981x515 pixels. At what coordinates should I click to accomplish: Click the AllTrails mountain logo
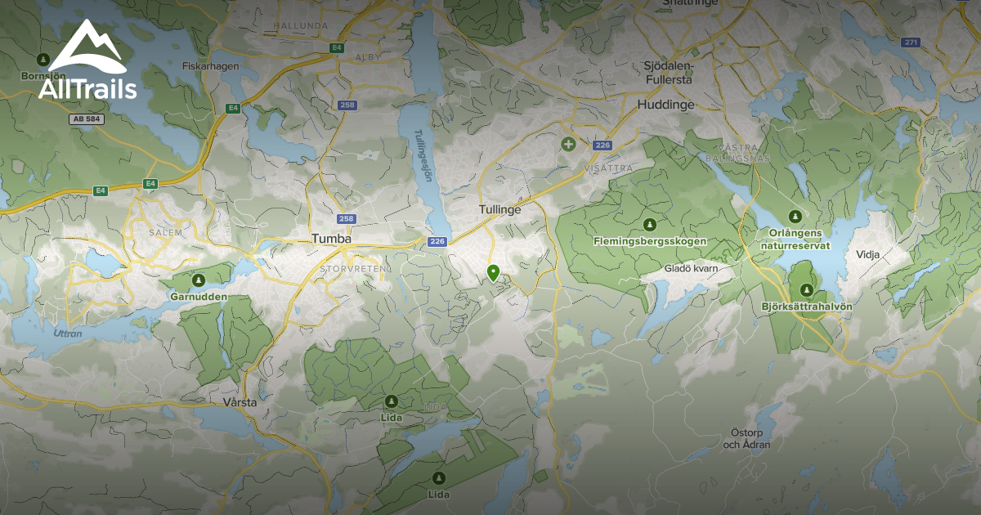point(86,47)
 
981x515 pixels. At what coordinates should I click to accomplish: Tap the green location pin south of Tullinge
point(493,272)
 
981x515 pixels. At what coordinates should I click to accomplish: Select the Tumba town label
point(331,239)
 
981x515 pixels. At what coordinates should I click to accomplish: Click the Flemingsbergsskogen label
point(650,241)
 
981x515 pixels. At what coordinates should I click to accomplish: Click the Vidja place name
point(867,254)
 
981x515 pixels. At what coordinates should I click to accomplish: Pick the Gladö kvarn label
point(690,267)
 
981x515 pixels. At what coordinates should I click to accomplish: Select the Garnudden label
point(197,296)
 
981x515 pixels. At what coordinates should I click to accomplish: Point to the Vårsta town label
point(240,403)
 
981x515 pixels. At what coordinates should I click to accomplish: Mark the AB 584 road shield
point(86,119)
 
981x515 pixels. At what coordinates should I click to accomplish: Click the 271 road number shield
point(912,42)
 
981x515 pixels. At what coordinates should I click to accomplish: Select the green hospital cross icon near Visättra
point(568,144)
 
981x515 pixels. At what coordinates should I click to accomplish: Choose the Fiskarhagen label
point(209,65)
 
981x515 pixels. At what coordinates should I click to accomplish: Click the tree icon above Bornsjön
point(43,60)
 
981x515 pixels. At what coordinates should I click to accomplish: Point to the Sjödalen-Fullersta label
point(668,73)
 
